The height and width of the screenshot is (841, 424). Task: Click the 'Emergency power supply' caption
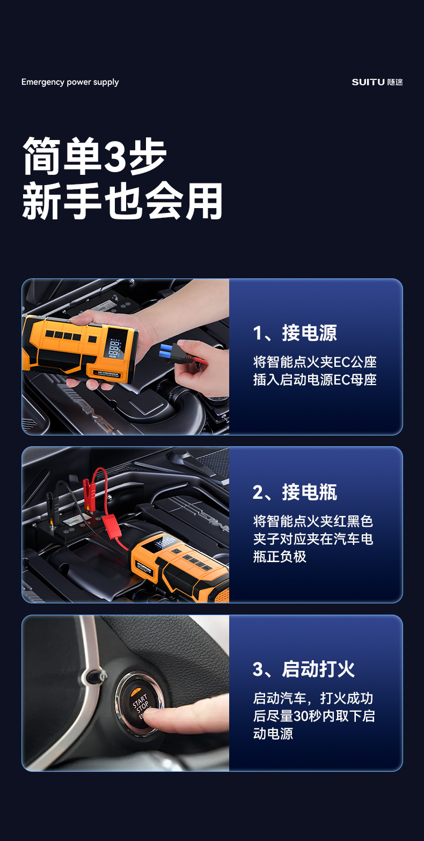(x=70, y=82)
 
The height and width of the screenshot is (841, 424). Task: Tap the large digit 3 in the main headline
(x=115, y=157)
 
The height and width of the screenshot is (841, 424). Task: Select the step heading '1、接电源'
(x=295, y=333)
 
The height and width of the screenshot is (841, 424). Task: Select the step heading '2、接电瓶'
(x=295, y=492)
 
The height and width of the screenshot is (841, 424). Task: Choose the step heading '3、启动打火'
(x=303, y=669)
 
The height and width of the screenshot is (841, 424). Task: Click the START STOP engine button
(x=140, y=702)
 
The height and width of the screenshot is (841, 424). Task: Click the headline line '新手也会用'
(x=122, y=201)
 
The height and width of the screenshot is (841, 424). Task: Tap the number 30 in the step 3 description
(x=300, y=716)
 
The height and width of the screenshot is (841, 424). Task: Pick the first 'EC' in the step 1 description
(x=342, y=362)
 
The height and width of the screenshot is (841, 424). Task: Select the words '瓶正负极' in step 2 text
(x=280, y=556)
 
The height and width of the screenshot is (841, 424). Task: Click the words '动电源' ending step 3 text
(x=273, y=734)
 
